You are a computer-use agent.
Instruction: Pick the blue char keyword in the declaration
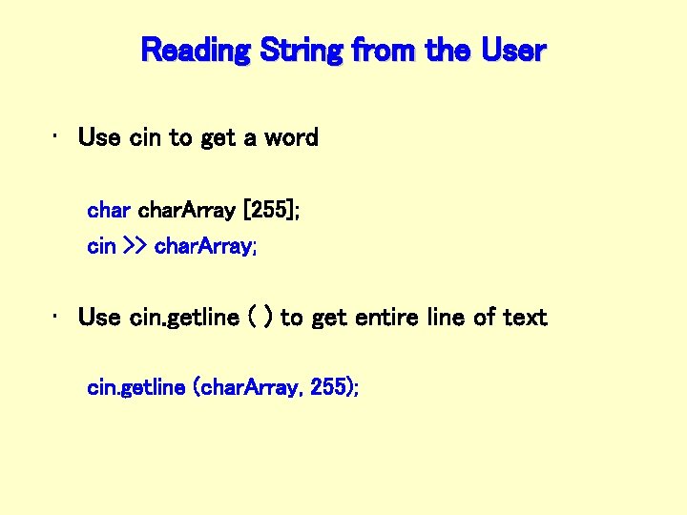[x=109, y=209]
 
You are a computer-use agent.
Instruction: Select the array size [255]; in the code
[x=272, y=209]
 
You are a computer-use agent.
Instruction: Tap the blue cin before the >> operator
[x=100, y=246]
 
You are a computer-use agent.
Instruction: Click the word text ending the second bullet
[x=524, y=317]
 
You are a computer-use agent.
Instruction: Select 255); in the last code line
[x=334, y=387]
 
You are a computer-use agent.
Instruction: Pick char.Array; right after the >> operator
[x=205, y=246]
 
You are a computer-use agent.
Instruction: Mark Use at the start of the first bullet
[x=98, y=137]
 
